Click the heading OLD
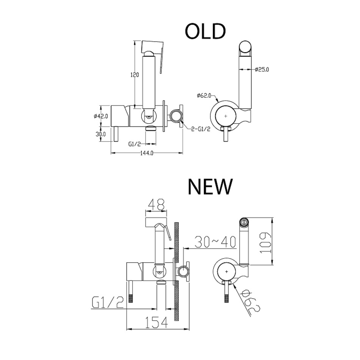[x=205, y=31]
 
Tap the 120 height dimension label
[x=135, y=75]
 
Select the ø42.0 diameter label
[x=100, y=116]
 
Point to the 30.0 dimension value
[x=100, y=134]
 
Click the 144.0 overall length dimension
[x=147, y=153]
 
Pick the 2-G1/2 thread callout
[x=201, y=129]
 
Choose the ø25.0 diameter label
[x=262, y=69]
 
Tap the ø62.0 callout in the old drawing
[x=204, y=96]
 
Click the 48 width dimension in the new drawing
[x=157, y=205]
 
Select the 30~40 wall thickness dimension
[x=215, y=242]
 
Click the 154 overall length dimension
[x=157, y=322]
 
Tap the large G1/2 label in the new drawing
[x=108, y=302]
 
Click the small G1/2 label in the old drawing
[x=134, y=144]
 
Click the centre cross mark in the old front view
[x=226, y=116]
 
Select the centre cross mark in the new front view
[x=227, y=272]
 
